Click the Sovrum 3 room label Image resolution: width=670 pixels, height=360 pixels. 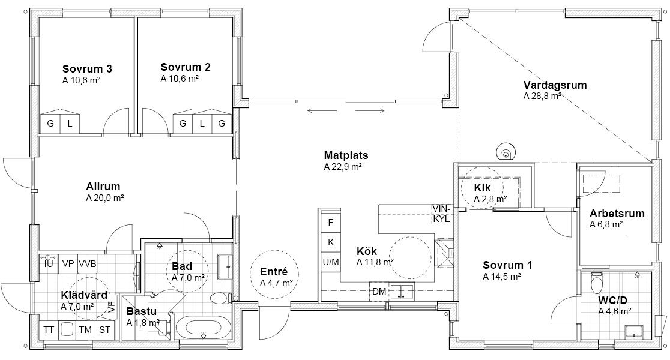coord(87,69)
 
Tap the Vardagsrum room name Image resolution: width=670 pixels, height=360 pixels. coord(555,85)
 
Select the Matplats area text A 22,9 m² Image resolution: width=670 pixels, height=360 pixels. coord(343,167)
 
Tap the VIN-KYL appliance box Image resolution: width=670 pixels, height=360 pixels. coord(442,214)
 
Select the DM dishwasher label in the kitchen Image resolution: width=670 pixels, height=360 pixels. coord(379,292)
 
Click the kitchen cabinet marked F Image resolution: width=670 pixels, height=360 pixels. coord(331,223)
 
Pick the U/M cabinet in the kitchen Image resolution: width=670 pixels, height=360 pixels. coord(331,262)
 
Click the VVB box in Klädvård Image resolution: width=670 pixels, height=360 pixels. coord(87,264)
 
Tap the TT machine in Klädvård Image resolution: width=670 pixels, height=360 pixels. coord(49,329)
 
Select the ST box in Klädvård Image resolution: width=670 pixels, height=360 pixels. coord(104,329)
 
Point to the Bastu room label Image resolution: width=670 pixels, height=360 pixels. coord(142,311)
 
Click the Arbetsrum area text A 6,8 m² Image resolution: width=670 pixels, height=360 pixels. coord(606,224)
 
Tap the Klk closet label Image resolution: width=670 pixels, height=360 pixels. coord(483,187)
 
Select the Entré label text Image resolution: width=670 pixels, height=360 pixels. coord(274,272)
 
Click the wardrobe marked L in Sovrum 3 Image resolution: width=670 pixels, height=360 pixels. coord(70,124)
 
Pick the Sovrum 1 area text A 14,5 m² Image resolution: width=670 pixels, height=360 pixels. coord(502,276)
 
